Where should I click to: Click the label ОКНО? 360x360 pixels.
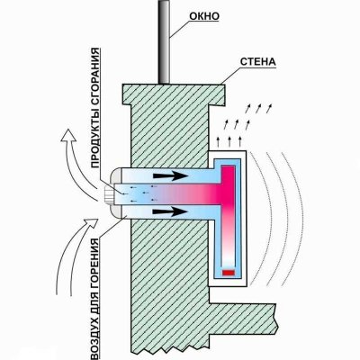[x=204, y=16]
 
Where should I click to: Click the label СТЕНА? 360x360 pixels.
[x=258, y=61]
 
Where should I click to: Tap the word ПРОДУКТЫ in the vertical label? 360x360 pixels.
[x=94, y=139]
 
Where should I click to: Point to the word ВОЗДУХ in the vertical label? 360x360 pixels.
[x=94, y=334]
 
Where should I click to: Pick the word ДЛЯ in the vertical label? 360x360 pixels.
[x=94, y=296]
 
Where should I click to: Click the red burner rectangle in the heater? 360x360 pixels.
[x=229, y=273]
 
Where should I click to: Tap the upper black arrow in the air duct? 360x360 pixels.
[x=170, y=175]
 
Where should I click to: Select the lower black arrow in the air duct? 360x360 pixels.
[x=170, y=211]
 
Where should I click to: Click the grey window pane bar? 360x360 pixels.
[x=164, y=42]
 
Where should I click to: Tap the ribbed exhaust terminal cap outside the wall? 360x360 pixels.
[x=110, y=193]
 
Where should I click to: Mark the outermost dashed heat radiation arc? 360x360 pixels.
[x=295, y=219]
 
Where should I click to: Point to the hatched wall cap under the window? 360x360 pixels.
[x=174, y=94]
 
